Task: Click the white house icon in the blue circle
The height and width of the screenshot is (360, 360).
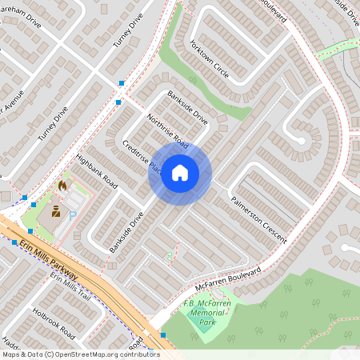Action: (180, 172)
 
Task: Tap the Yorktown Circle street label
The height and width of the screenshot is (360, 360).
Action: (210, 60)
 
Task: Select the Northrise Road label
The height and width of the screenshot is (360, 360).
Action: (167, 131)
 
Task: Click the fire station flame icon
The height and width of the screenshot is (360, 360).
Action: (62, 186)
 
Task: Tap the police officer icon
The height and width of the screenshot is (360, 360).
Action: (56, 212)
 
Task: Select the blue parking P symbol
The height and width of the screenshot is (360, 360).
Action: (73, 214)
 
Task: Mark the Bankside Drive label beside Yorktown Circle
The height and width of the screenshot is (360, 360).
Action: (187, 107)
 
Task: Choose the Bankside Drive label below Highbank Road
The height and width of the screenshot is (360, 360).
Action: (126, 232)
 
